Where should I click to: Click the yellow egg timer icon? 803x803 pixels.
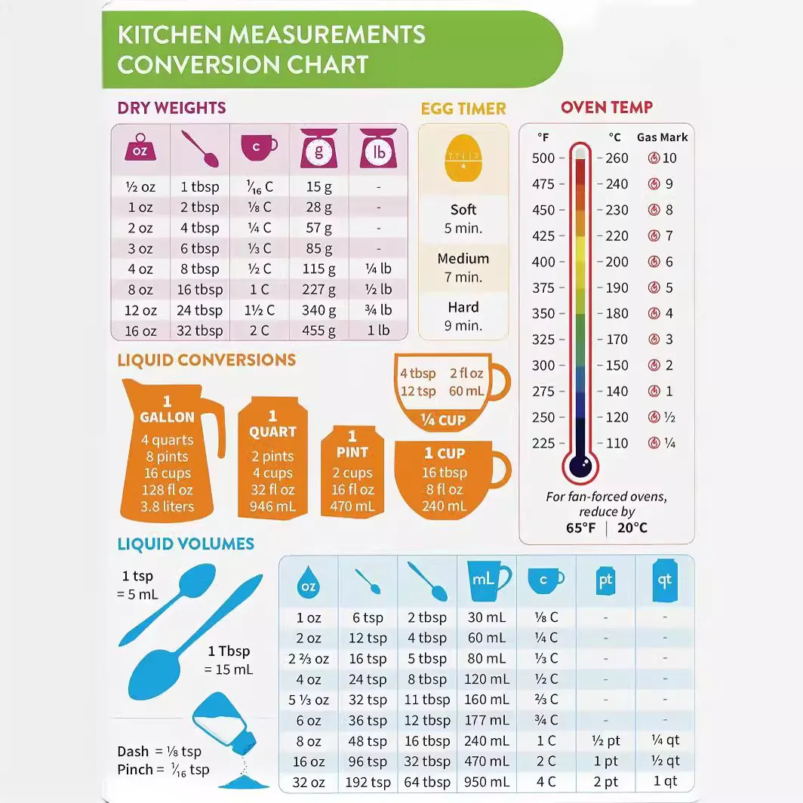tap(463, 158)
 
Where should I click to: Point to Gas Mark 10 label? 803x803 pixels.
tap(663, 158)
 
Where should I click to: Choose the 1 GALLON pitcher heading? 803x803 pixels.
tap(167, 409)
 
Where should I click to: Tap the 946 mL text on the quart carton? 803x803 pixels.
tap(272, 506)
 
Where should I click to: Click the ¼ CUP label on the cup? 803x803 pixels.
tap(443, 420)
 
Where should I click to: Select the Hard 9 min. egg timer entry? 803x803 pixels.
tap(463, 316)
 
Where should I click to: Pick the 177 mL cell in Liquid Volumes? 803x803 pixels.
tap(487, 721)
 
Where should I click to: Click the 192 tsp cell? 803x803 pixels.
tap(368, 783)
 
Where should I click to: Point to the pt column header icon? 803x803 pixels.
tap(605, 581)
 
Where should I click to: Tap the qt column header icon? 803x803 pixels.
tap(665, 581)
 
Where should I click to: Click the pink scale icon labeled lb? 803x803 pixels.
tap(378, 149)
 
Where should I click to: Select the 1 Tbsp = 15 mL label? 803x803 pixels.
tap(229, 660)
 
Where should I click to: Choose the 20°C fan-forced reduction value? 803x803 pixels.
tap(632, 528)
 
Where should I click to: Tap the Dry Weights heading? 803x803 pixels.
tap(171, 108)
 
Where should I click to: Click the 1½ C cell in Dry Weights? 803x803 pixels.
tap(259, 310)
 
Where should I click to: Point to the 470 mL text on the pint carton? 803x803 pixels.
tap(352, 506)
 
